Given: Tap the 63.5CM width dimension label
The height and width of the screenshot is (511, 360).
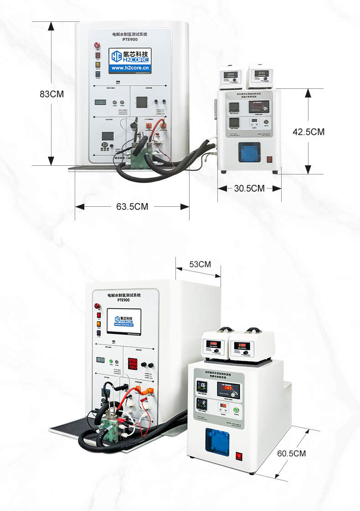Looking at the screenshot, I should coord(132,206).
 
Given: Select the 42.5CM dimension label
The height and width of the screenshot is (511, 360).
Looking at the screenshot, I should coord(309,132).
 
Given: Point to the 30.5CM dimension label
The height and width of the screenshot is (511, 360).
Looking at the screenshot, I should coord(249,188).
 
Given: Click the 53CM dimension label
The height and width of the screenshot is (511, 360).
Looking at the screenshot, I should coord(200,264).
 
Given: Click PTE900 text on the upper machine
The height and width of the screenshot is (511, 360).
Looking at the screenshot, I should coord(130,40).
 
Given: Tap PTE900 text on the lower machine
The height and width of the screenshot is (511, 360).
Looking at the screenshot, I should coord(124,301).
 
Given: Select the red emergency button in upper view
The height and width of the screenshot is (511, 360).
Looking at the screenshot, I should coord(97,45).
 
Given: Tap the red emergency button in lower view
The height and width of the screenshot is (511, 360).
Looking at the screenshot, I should coord(97,306).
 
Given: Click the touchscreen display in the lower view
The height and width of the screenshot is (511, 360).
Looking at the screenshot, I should coord(124,322).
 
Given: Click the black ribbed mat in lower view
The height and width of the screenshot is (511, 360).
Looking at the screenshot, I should coord(68,430).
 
